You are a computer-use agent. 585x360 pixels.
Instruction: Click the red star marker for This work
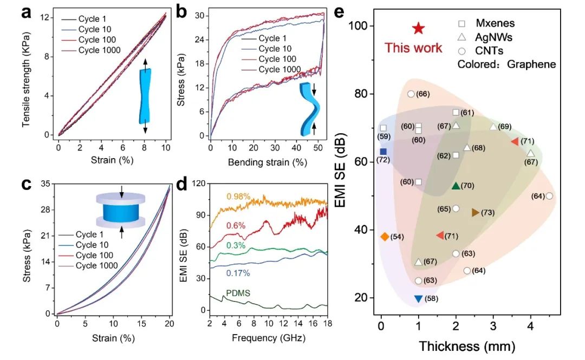[x=418, y=29]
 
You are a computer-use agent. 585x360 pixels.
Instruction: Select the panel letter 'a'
[x=25, y=12]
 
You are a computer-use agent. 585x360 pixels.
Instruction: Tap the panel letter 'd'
[x=183, y=185]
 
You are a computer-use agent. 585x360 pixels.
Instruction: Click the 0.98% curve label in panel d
[x=238, y=196]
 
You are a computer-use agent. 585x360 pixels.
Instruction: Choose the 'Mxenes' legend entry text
[x=494, y=23]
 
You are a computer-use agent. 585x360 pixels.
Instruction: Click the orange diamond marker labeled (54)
[x=385, y=237]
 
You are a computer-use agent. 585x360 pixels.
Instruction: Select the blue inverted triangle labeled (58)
[x=418, y=298]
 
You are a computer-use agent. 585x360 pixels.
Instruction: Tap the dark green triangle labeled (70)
[x=456, y=186]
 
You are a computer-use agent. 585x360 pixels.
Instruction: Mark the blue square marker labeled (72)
[x=383, y=152]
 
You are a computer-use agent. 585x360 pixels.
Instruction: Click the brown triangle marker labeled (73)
[x=476, y=213]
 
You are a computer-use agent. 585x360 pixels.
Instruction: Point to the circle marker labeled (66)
[x=411, y=94]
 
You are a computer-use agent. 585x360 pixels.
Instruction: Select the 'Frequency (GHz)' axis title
[x=266, y=338]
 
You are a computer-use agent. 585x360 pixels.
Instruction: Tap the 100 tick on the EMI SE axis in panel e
[x=363, y=26]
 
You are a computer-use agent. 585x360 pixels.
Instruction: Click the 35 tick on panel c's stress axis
[x=45, y=184]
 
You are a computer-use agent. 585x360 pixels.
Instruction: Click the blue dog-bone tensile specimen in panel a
[x=145, y=96]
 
